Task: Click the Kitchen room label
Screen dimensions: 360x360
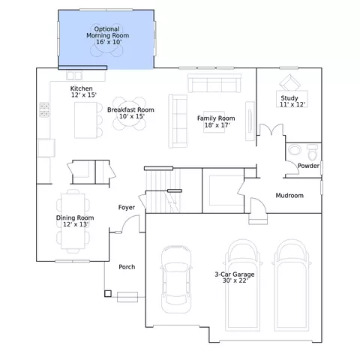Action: click(x=81, y=88)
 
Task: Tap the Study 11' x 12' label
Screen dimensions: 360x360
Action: click(x=292, y=101)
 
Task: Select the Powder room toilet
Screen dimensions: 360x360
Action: click(x=312, y=152)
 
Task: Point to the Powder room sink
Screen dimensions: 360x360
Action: click(x=295, y=150)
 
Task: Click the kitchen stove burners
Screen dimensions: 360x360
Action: click(x=44, y=109)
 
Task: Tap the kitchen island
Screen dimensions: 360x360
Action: click(x=85, y=120)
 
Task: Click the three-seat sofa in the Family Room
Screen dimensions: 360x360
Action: click(x=214, y=83)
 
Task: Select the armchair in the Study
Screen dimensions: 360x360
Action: click(x=289, y=82)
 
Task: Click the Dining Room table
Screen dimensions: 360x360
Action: click(x=73, y=221)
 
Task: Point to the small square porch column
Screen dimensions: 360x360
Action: click(x=108, y=294)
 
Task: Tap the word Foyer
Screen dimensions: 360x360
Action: click(x=127, y=208)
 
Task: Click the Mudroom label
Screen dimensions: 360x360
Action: click(x=289, y=196)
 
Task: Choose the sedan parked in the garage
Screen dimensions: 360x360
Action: click(x=176, y=279)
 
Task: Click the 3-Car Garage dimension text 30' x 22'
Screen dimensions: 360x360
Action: click(x=235, y=280)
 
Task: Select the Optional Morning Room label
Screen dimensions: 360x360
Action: click(x=108, y=35)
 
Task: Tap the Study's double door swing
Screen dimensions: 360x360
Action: click(x=271, y=130)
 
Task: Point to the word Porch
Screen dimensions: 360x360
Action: click(x=127, y=267)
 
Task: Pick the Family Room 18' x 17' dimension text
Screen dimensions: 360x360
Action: click(x=217, y=125)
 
